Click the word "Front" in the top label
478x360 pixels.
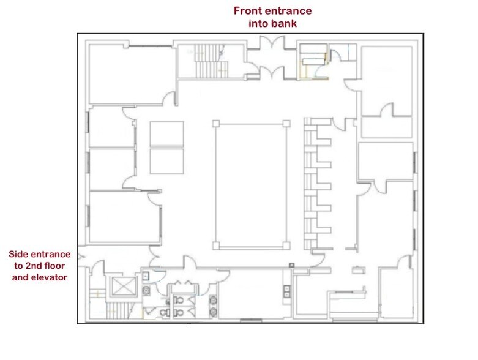click(247, 10)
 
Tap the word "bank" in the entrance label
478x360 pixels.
click(285, 23)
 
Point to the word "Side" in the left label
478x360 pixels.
click(18, 254)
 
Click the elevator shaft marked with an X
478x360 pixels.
click(123, 287)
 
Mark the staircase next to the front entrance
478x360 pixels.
click(211, 61)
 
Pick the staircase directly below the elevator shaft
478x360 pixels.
click(119, 310)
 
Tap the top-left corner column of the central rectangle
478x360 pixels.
click(216, 124)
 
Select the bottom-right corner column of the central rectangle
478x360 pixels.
click(286, 246)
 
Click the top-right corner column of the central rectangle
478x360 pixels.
click(286, 124)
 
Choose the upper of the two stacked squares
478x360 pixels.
click(166, 134)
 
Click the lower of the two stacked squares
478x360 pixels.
click(166, 161)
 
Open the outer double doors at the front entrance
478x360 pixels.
click(272, 42)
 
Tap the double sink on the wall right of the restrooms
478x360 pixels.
click(287, 291)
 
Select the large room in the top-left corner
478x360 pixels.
click(131, 75)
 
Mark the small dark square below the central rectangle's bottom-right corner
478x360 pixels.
click(292, 265)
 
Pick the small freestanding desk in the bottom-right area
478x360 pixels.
click(359, 270)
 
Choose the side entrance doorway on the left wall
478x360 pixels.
click(81, 257)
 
